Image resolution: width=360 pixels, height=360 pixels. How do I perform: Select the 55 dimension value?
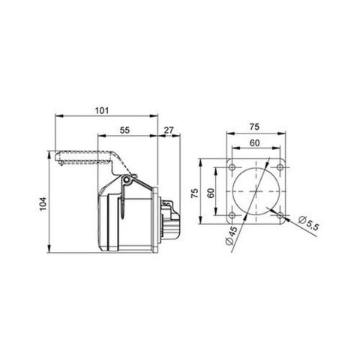pyautogui.click(x=125, y=130)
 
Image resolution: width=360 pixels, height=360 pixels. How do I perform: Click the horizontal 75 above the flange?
pyautogui.click(x=256, y=127)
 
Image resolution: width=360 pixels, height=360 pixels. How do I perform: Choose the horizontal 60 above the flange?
pyautogui.click(x=256, y=142)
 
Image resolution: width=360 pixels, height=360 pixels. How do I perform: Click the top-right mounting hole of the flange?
pyautogui.click(x=279, y=167)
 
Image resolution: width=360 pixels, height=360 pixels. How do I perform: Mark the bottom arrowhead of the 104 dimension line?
pyautogui.click(x=50, y=248)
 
